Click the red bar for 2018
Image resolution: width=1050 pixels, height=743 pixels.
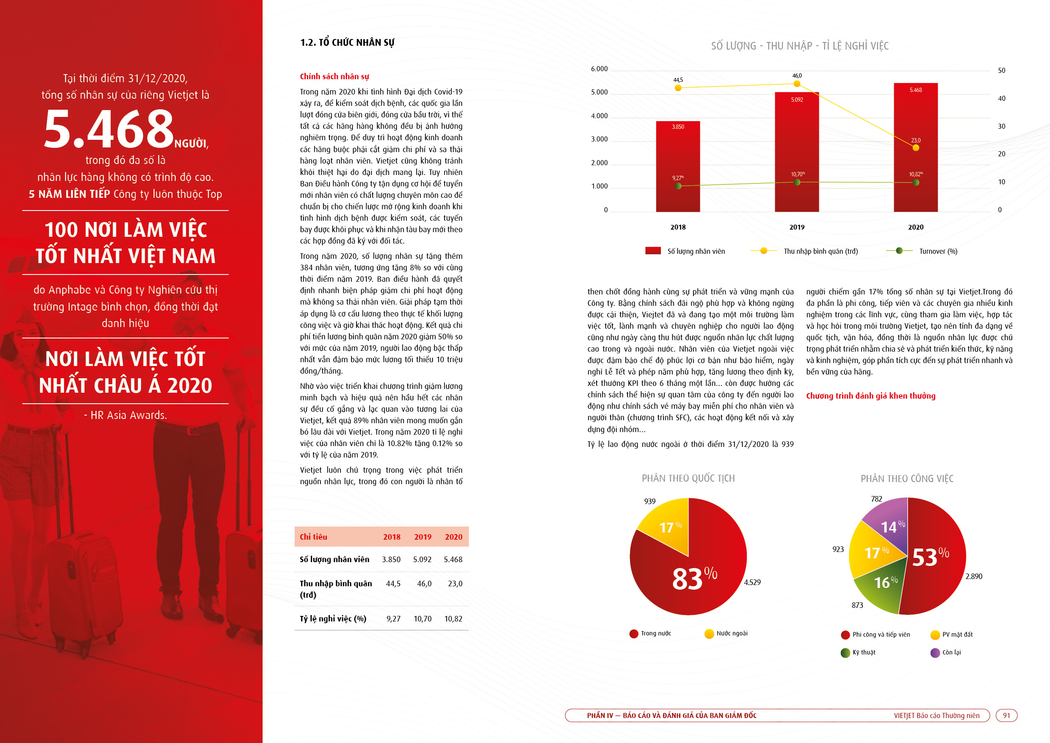(x=678, y=166)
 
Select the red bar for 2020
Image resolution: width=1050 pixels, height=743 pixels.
(x=915, y=147)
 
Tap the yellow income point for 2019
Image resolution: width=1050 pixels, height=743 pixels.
(x=797, y=84)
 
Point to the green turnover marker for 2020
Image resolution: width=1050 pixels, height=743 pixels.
(x=915, y=183)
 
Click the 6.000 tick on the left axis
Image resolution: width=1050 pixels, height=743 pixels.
(x=599, y=69)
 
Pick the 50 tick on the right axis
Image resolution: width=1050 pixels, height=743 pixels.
(x=1002, y=70)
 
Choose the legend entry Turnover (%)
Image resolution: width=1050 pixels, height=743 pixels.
(x=921, y=251)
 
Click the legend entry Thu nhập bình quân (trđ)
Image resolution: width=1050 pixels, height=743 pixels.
(x=804, y=251)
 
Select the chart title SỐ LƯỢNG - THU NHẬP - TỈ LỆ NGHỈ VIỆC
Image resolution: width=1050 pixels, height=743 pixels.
(x=800, y=46)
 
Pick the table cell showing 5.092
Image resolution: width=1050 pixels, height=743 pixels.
(x=422, y=560)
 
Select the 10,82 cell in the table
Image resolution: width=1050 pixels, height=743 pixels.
(x=453, y=618)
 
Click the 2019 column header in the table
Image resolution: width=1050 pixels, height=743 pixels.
(x=423, y=537)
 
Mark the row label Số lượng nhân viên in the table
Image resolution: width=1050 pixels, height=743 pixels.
(x=334, y=559)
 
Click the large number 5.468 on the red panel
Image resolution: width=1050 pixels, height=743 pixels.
(x=109, y=129)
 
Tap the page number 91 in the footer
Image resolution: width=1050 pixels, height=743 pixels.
(x=1006, y=715)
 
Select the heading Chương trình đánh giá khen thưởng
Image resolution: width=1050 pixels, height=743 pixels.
(x=871, y=396)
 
